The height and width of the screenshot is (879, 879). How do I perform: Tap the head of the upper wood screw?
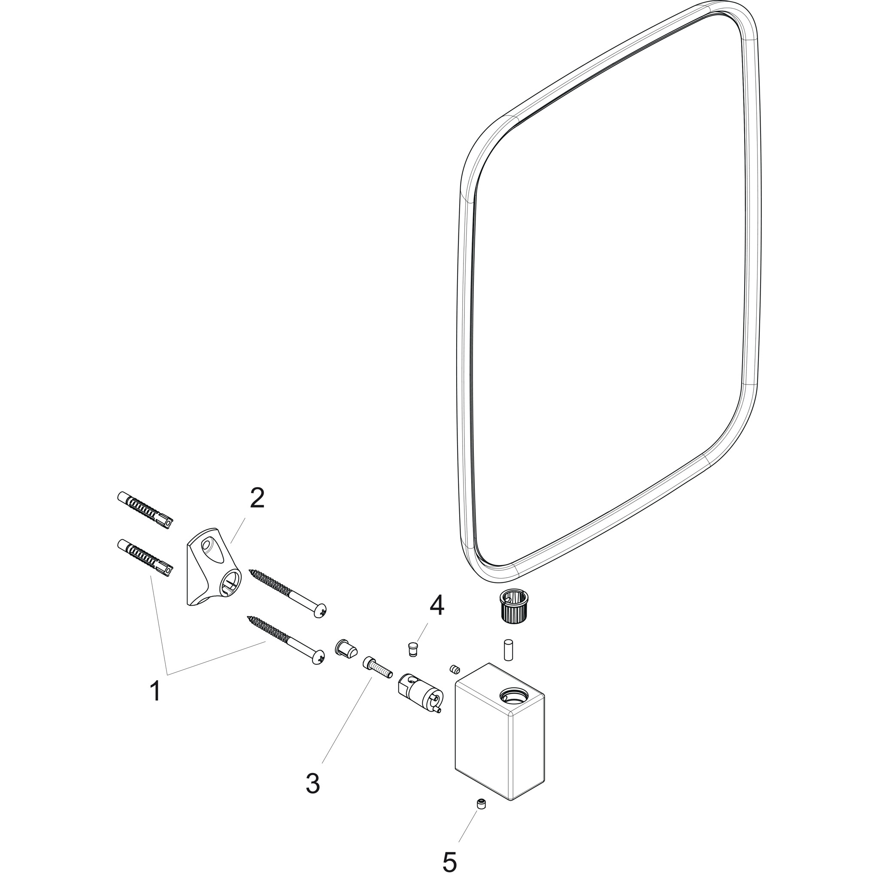[321, 610]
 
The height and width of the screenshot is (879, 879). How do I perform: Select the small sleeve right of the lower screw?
[346, 648]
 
